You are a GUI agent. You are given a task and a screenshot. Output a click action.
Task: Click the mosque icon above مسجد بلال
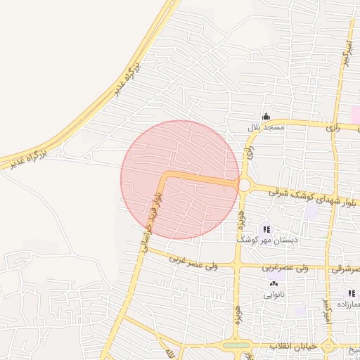click(x=265, y=117)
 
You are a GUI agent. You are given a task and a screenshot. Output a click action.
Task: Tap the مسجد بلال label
click(x=264, y=128)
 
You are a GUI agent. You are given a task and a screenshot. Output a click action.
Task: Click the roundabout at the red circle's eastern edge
click(x=245, y=185)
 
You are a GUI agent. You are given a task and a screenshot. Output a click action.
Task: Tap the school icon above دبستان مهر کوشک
click(x=266, y=229)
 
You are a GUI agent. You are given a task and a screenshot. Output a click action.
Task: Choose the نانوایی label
click(x=273, y=295)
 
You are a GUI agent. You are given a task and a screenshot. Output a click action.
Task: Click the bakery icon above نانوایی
click(x=273, y=285)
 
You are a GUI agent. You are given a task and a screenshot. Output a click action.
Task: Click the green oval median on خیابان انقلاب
click(x=238, y=345)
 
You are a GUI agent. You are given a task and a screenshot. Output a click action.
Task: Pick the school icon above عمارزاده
click(x=351, y=293)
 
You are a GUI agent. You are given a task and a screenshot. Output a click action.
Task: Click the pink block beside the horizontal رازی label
click(x=356, y=115)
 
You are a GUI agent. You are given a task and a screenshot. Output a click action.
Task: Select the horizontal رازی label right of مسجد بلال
click(x=333, y=128)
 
